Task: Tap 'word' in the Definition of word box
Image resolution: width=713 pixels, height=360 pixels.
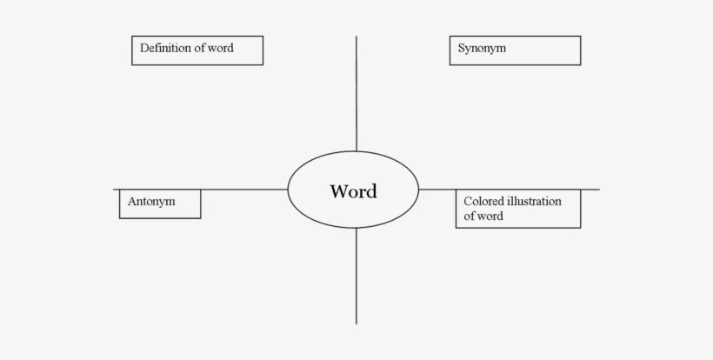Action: pos(220,48)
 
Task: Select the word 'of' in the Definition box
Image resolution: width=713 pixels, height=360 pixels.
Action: pos(198,48)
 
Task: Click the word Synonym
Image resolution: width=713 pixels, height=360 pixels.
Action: pos(482,49)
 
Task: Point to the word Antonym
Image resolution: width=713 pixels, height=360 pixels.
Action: pos(151,201)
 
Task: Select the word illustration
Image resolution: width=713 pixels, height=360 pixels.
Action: pos(535,201)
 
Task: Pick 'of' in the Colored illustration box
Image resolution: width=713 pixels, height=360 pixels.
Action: pos(469,216)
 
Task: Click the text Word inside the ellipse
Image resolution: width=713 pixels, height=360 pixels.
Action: pos(353,191)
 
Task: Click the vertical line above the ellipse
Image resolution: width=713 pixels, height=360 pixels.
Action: pos(356,96)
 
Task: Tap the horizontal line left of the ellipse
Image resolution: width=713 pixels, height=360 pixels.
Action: pos(243,189)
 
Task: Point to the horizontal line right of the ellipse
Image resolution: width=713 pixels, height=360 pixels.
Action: pos(439,189)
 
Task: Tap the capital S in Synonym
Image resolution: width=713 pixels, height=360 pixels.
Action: pos(462,49)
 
